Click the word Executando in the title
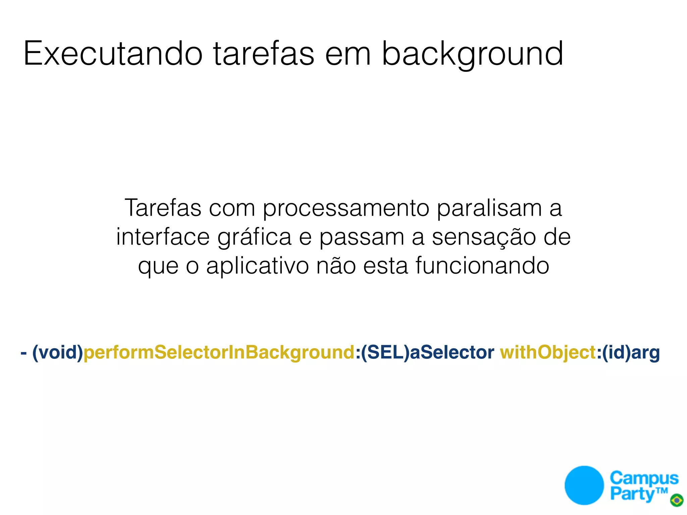pyautogui.click(x=113, y=54)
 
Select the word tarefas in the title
pyautogui.click(x=264, y=54)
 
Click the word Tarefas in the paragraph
pyautogui.click(x=163, y=208)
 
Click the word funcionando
pyautogui.click(x=482, y=266)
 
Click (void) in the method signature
pyautogui.click(x=58, y=352)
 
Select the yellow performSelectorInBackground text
pyautogui.click(x=219, y=352)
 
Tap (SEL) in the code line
pyautogui.click(x=385, y=352)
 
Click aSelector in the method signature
pyautogui.click(x=452, y=352)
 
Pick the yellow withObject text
pyautogui.click(x=548, y=352)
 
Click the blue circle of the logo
pyautogui.click(x=584, y=485)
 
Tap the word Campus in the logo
pyautogui.click(x=644, y=478)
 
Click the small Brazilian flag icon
pyautogui.click(x=677, y=500)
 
